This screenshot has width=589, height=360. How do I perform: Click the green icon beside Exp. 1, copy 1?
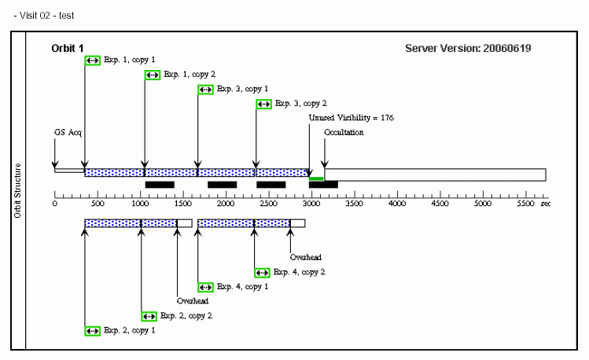coord(92,61)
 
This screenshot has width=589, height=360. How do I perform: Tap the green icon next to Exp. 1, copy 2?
coord(153,75)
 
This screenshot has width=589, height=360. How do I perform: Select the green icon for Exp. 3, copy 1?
coord(205,90)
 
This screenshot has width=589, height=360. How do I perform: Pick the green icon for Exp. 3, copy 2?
coord(263,104)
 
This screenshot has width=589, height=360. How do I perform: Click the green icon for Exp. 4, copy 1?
coord(205,287)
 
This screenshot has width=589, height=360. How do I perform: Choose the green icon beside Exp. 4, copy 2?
coord(263,273)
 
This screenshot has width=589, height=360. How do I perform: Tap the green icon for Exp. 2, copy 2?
coord(149,316)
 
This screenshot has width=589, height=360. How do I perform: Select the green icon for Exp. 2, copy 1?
coord(92,331)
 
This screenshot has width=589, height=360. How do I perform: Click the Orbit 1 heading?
coord(68,49)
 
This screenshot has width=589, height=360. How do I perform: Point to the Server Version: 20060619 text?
coord(468,49)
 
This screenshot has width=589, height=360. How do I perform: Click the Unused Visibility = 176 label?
coord(351,118)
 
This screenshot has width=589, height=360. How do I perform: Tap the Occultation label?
coord(344,133)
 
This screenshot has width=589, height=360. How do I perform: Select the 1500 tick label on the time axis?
coord(182,204)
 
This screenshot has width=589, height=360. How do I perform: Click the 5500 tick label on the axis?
coord(525,204)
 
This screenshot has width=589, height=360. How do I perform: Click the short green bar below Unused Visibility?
coord(316,179)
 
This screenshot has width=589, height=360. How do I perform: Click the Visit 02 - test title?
coord(44,15)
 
